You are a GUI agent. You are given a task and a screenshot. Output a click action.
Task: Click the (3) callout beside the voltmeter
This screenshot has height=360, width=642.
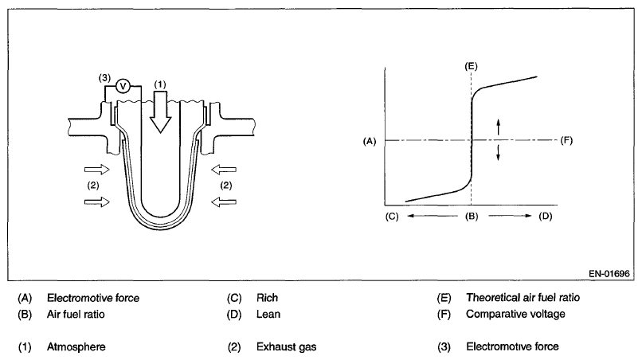(104, 79)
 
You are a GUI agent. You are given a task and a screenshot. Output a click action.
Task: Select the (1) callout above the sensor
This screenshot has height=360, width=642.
(159, 83)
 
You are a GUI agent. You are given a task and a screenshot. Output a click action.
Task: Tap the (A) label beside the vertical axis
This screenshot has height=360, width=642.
(368, 141)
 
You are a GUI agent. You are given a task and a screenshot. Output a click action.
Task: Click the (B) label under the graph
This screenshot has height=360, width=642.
(471, 216)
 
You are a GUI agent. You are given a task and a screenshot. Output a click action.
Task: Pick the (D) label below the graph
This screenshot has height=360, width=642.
(545, 216)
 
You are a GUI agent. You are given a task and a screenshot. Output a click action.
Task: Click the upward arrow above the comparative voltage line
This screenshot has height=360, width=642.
(499, 127)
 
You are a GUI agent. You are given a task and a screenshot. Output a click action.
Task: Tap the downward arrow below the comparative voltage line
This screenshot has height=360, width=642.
(499, 154)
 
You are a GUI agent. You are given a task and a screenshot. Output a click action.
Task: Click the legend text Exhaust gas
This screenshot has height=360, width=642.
(284, 347)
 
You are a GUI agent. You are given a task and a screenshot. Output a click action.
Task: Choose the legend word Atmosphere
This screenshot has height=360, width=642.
(76, 347)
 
